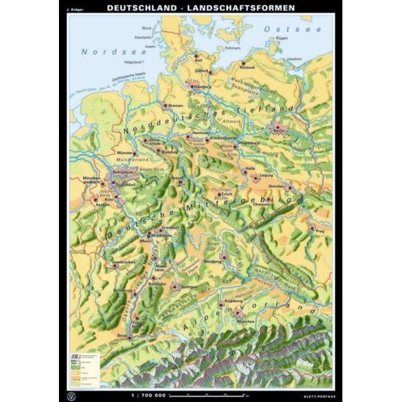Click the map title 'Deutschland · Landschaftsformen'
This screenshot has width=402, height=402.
tap(200, 8)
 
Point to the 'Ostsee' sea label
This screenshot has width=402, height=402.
tap(285, 30)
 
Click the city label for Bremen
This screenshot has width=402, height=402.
tap(176, 106)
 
